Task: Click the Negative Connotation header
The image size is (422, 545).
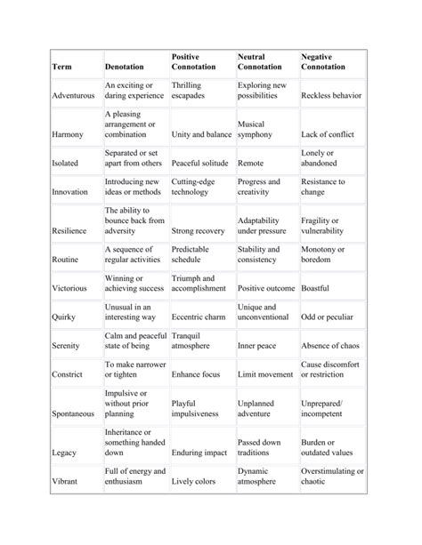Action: pyautogui.click(x=325, y=61)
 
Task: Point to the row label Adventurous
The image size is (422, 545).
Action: pyautogui.click(x=74, y=95)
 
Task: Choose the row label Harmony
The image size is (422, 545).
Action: pyautogui.click(x=68, y=134)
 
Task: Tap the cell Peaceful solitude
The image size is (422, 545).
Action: pyautogui.click(x=199, y=164)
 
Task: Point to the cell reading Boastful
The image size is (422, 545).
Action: pyautogui.click(x=315, y=289)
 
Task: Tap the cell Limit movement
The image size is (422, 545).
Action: pyautogui.click(x=265, y=374)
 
